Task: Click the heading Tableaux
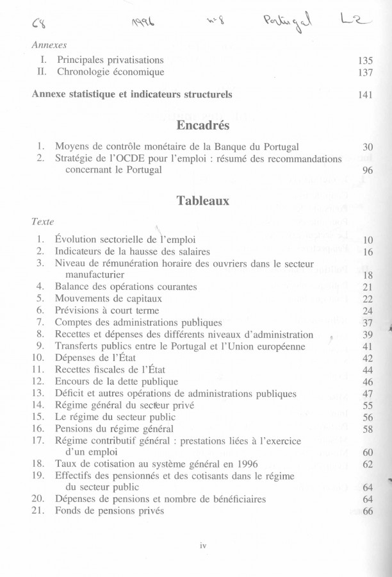(202, 200)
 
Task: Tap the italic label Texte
(43, 221)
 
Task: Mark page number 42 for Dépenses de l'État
(367, 358)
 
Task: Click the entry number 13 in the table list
(37, 393)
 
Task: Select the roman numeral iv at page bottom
(202, 546)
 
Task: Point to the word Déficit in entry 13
(71, 393)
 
